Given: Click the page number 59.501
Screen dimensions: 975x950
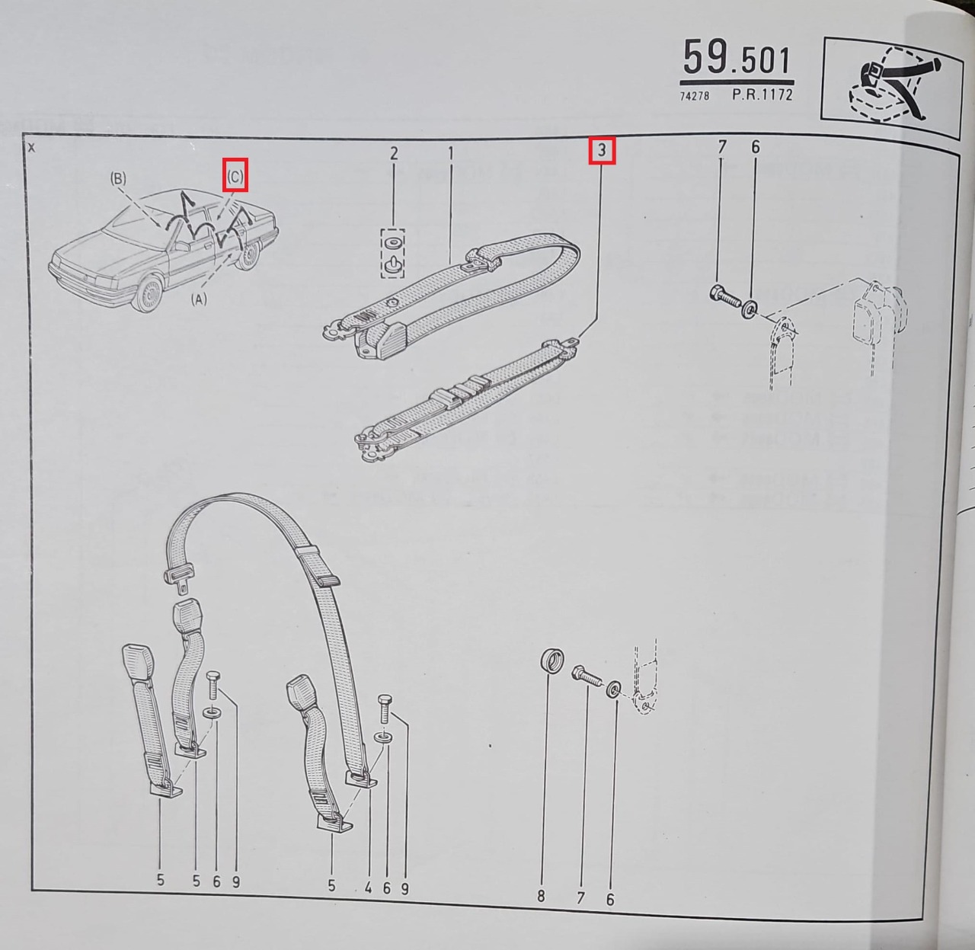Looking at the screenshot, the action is tap(737, 58).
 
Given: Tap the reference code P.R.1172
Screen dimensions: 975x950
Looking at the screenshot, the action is tap(762, 94).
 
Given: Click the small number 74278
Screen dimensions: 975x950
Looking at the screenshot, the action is tap(695, 96).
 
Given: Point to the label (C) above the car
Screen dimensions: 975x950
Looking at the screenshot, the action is tap(235, 176).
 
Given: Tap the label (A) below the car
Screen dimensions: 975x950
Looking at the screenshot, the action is tap(199, 299).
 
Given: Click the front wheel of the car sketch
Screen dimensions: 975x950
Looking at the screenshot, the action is tap(149, 293).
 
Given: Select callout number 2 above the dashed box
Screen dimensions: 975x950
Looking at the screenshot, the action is tap(394, 153).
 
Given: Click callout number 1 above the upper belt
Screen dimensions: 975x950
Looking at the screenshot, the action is tap(451, 153).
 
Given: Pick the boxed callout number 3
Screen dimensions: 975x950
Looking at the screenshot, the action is tap(602, 150).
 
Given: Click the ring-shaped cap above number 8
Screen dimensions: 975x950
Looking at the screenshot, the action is tap(552, 661).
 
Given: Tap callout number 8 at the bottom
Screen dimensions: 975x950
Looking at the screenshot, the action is tap(541, 897).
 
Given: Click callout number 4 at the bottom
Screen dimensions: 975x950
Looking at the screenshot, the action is tap(368, 888).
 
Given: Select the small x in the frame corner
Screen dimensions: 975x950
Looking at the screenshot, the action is tap(32, 148).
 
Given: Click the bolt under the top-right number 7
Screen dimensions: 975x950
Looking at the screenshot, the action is tap(724, 296).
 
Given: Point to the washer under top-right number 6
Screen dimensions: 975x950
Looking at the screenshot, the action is tap(750, 308).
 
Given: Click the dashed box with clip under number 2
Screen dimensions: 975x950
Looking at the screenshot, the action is tap(393, 253).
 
